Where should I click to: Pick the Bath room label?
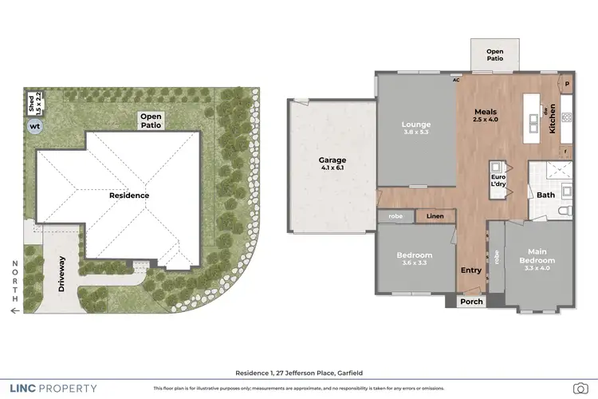[546, 195]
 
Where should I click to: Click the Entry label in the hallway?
[471, 270]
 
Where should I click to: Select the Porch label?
[472, 302]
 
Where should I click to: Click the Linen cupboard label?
[435, 215]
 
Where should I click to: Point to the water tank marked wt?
[35, 126]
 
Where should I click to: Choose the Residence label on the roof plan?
[129, 195]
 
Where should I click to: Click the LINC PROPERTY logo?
[52, 389]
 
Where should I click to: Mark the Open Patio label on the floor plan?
[495, 55]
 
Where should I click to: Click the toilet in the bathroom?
[565, 211]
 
